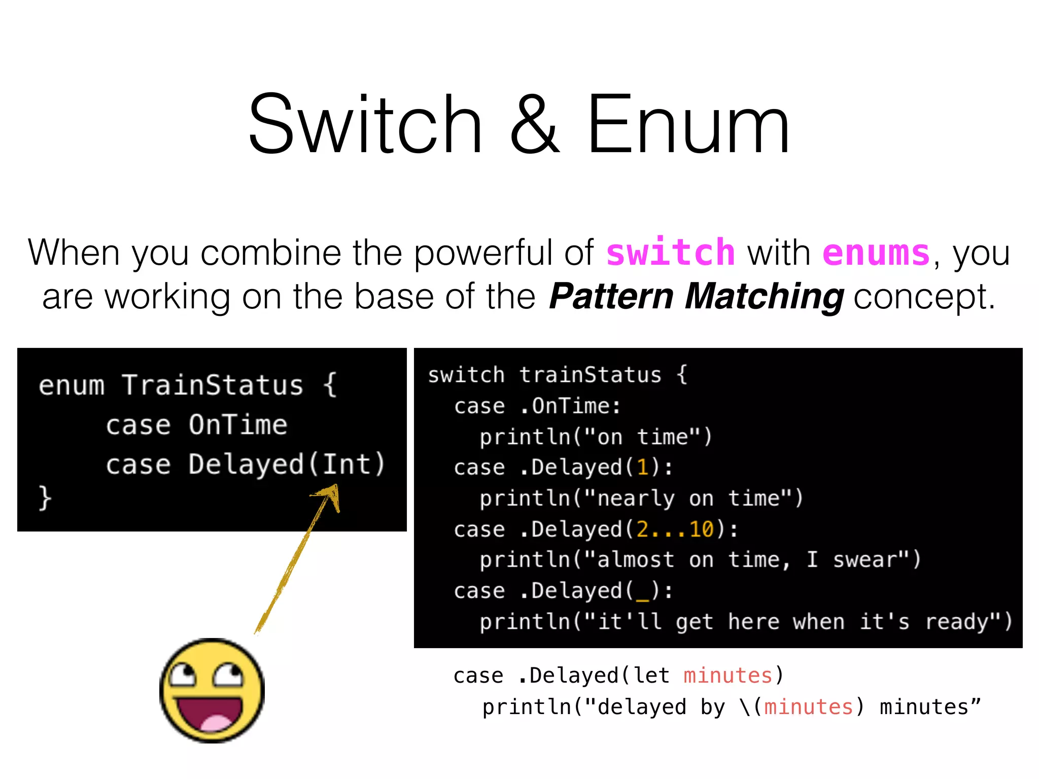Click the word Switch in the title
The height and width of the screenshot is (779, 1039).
point(365,124)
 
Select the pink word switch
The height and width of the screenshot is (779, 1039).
point(670,253)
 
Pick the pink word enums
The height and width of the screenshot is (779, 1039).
point(876,253)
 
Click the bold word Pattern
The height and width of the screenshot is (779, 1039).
point(611,296)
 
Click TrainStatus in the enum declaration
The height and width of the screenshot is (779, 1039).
point(213,385)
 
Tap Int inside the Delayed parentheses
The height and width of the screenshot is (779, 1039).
point(347,464)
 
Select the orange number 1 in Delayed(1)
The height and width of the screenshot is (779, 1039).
point(643,467)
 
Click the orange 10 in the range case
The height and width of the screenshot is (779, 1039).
point(701,529)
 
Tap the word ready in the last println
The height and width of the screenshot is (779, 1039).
point(956,621)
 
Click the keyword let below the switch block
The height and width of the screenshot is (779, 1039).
point(651,676)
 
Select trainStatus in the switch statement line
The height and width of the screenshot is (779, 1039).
point(590,375)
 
